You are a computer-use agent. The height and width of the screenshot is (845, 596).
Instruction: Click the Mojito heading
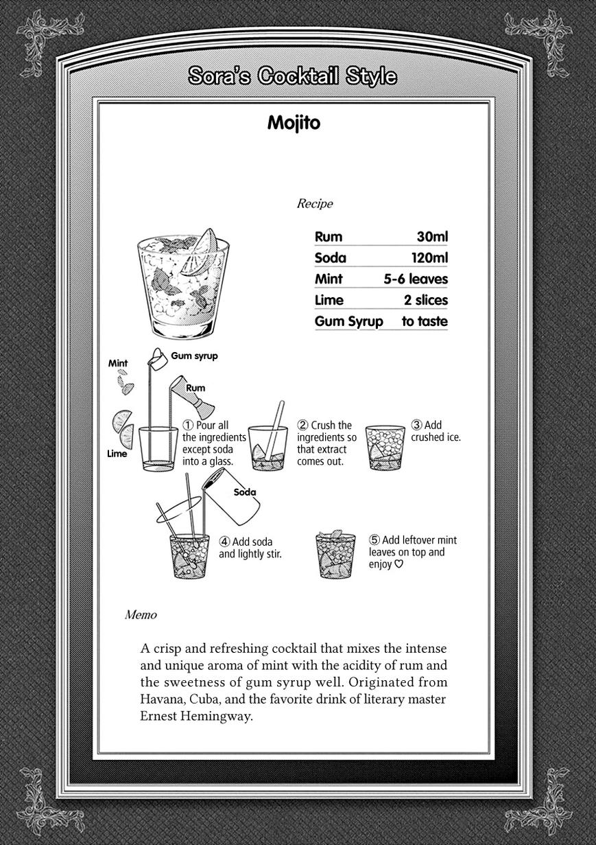coord(294,124)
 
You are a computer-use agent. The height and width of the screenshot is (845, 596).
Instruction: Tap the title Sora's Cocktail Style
coord(293,76)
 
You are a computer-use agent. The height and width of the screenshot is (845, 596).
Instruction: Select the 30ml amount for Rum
coord(432,237)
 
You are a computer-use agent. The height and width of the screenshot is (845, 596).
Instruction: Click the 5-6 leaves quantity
coord(416,279)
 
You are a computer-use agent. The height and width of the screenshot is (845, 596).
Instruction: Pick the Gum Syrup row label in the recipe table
coord(348,321)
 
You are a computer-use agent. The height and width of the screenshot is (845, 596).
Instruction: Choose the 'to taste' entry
coord(425,321)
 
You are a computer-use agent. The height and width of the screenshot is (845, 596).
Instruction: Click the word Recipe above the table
coord(314,203)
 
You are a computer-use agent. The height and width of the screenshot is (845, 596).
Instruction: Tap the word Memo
coord(141,615)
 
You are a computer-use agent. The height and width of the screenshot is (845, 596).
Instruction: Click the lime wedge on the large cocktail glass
coord(204,242)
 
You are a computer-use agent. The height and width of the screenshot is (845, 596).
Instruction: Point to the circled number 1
coord(187,426)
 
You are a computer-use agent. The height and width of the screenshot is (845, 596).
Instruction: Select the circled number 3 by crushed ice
coord(416,425)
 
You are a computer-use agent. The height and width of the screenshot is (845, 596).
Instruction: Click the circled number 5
coord(374,540)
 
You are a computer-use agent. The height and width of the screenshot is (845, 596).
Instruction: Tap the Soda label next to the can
coord(245,492)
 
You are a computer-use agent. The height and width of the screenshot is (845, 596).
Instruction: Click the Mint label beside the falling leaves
coord(118,363)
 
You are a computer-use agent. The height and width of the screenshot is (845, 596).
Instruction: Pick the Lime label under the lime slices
coord(117,453)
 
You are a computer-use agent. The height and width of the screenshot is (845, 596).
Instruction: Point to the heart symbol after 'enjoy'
coord(398,565)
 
